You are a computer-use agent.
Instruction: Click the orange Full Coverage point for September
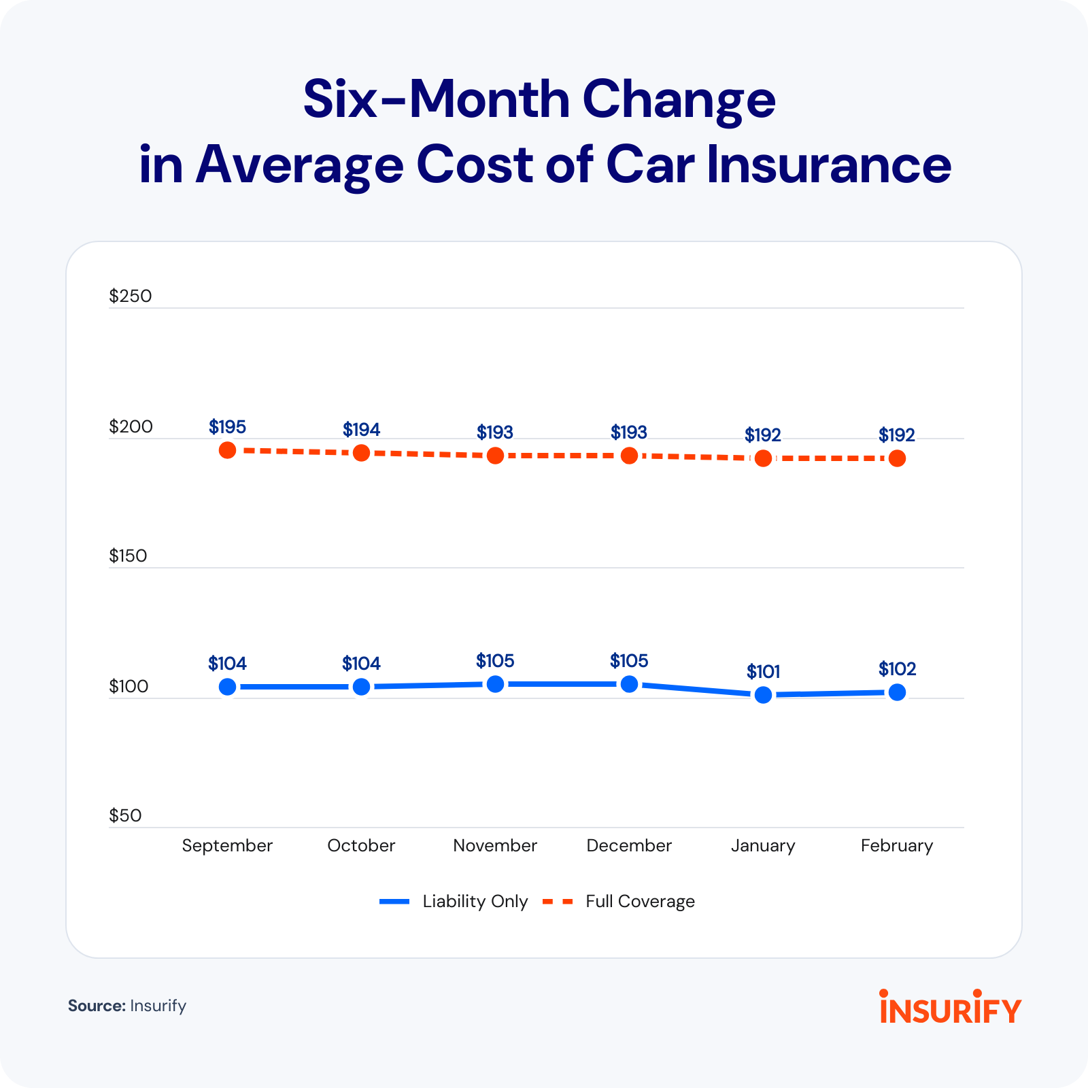pos(228,450)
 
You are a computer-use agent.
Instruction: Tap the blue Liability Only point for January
pos(764,695)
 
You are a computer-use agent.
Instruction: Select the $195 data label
pos(227,427)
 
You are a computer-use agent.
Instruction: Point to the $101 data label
pos(763,672)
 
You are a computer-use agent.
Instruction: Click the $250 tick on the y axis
pos(130,296)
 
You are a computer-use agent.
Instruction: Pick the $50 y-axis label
pos(125,816)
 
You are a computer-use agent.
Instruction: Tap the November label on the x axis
pos(495,845)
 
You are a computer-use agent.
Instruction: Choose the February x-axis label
pos(897,846)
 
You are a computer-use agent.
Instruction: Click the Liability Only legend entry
pos(454,902)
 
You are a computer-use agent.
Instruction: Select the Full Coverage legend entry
pos(619,902)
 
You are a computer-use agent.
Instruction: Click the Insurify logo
pos(950,1006)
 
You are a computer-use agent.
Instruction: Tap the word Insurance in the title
pos(829,165)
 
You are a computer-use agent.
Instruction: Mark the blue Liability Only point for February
pos(898,692)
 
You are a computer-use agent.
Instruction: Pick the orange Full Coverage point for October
pos(362,453)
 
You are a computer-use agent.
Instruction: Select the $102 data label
pos(898,669)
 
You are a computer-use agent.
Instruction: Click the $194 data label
pos(361,430)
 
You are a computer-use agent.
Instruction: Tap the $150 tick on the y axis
pos(128,556)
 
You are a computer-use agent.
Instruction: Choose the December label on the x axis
pos(629,845)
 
